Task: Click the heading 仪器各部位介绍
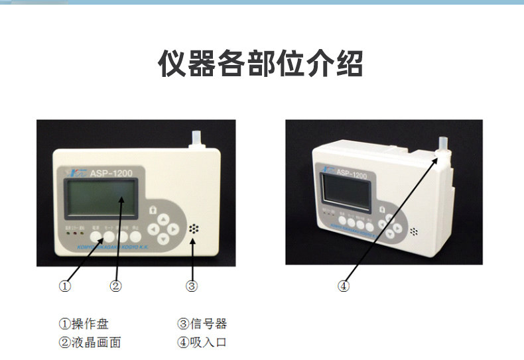click(x=261, y=64)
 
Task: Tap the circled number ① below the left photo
click(x=65, y=286)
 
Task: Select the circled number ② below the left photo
click(x=115, y=286)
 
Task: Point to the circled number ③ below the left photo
click(x=192, y=286)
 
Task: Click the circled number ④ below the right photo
click(x=343, y=286)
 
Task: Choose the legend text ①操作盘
click(x=84, y=324)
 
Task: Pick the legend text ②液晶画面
click(x=90, y=343)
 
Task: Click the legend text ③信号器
click(x=202, y=324)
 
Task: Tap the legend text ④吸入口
click(x=202, y=343)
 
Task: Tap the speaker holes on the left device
click(x=193, y=229)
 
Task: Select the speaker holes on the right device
click(x=414, y=233)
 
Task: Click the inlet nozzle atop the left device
click(x=196, y=139)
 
